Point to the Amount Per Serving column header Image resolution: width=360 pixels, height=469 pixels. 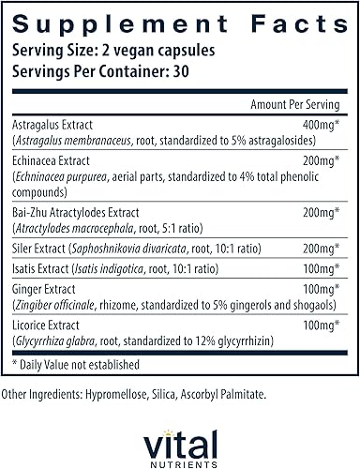point(295,105)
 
